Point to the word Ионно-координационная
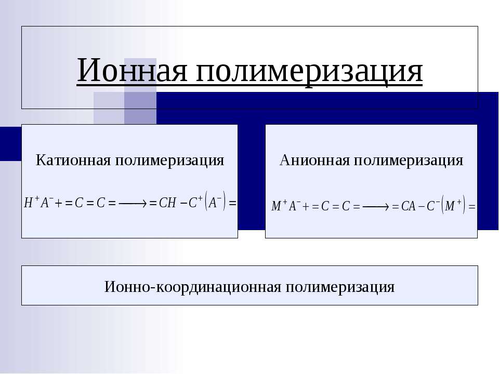(192, 286)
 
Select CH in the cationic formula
(167, 203)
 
